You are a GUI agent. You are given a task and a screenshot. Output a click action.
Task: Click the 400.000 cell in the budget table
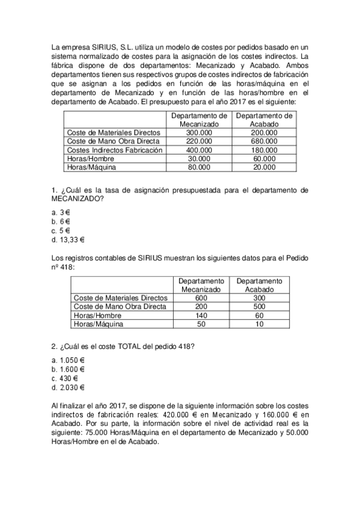coord(199,150)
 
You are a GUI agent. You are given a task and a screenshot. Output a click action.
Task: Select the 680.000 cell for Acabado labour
coord(264,141)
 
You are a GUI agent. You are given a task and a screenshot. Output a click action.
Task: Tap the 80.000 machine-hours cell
coord(199,167)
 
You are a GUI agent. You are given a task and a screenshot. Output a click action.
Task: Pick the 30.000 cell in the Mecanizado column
coord(199,159)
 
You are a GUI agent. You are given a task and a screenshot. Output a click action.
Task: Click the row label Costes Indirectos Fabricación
coord(114,150)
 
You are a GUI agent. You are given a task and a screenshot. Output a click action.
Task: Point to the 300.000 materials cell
coord(199,132)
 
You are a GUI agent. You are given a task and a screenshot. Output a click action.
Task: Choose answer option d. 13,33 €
coord(68,239)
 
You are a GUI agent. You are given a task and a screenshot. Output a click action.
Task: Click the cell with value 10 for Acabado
coord(259,324)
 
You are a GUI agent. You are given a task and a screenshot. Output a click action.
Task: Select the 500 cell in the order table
coord(259,307)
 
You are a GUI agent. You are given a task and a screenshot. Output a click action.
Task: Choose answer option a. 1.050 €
coord(68,360)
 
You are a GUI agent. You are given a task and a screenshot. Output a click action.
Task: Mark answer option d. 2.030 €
coord(68,387)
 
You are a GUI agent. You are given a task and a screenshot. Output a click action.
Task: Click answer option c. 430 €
coord(65,378)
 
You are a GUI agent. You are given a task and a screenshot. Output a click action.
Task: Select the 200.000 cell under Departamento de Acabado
coord(264,132)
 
